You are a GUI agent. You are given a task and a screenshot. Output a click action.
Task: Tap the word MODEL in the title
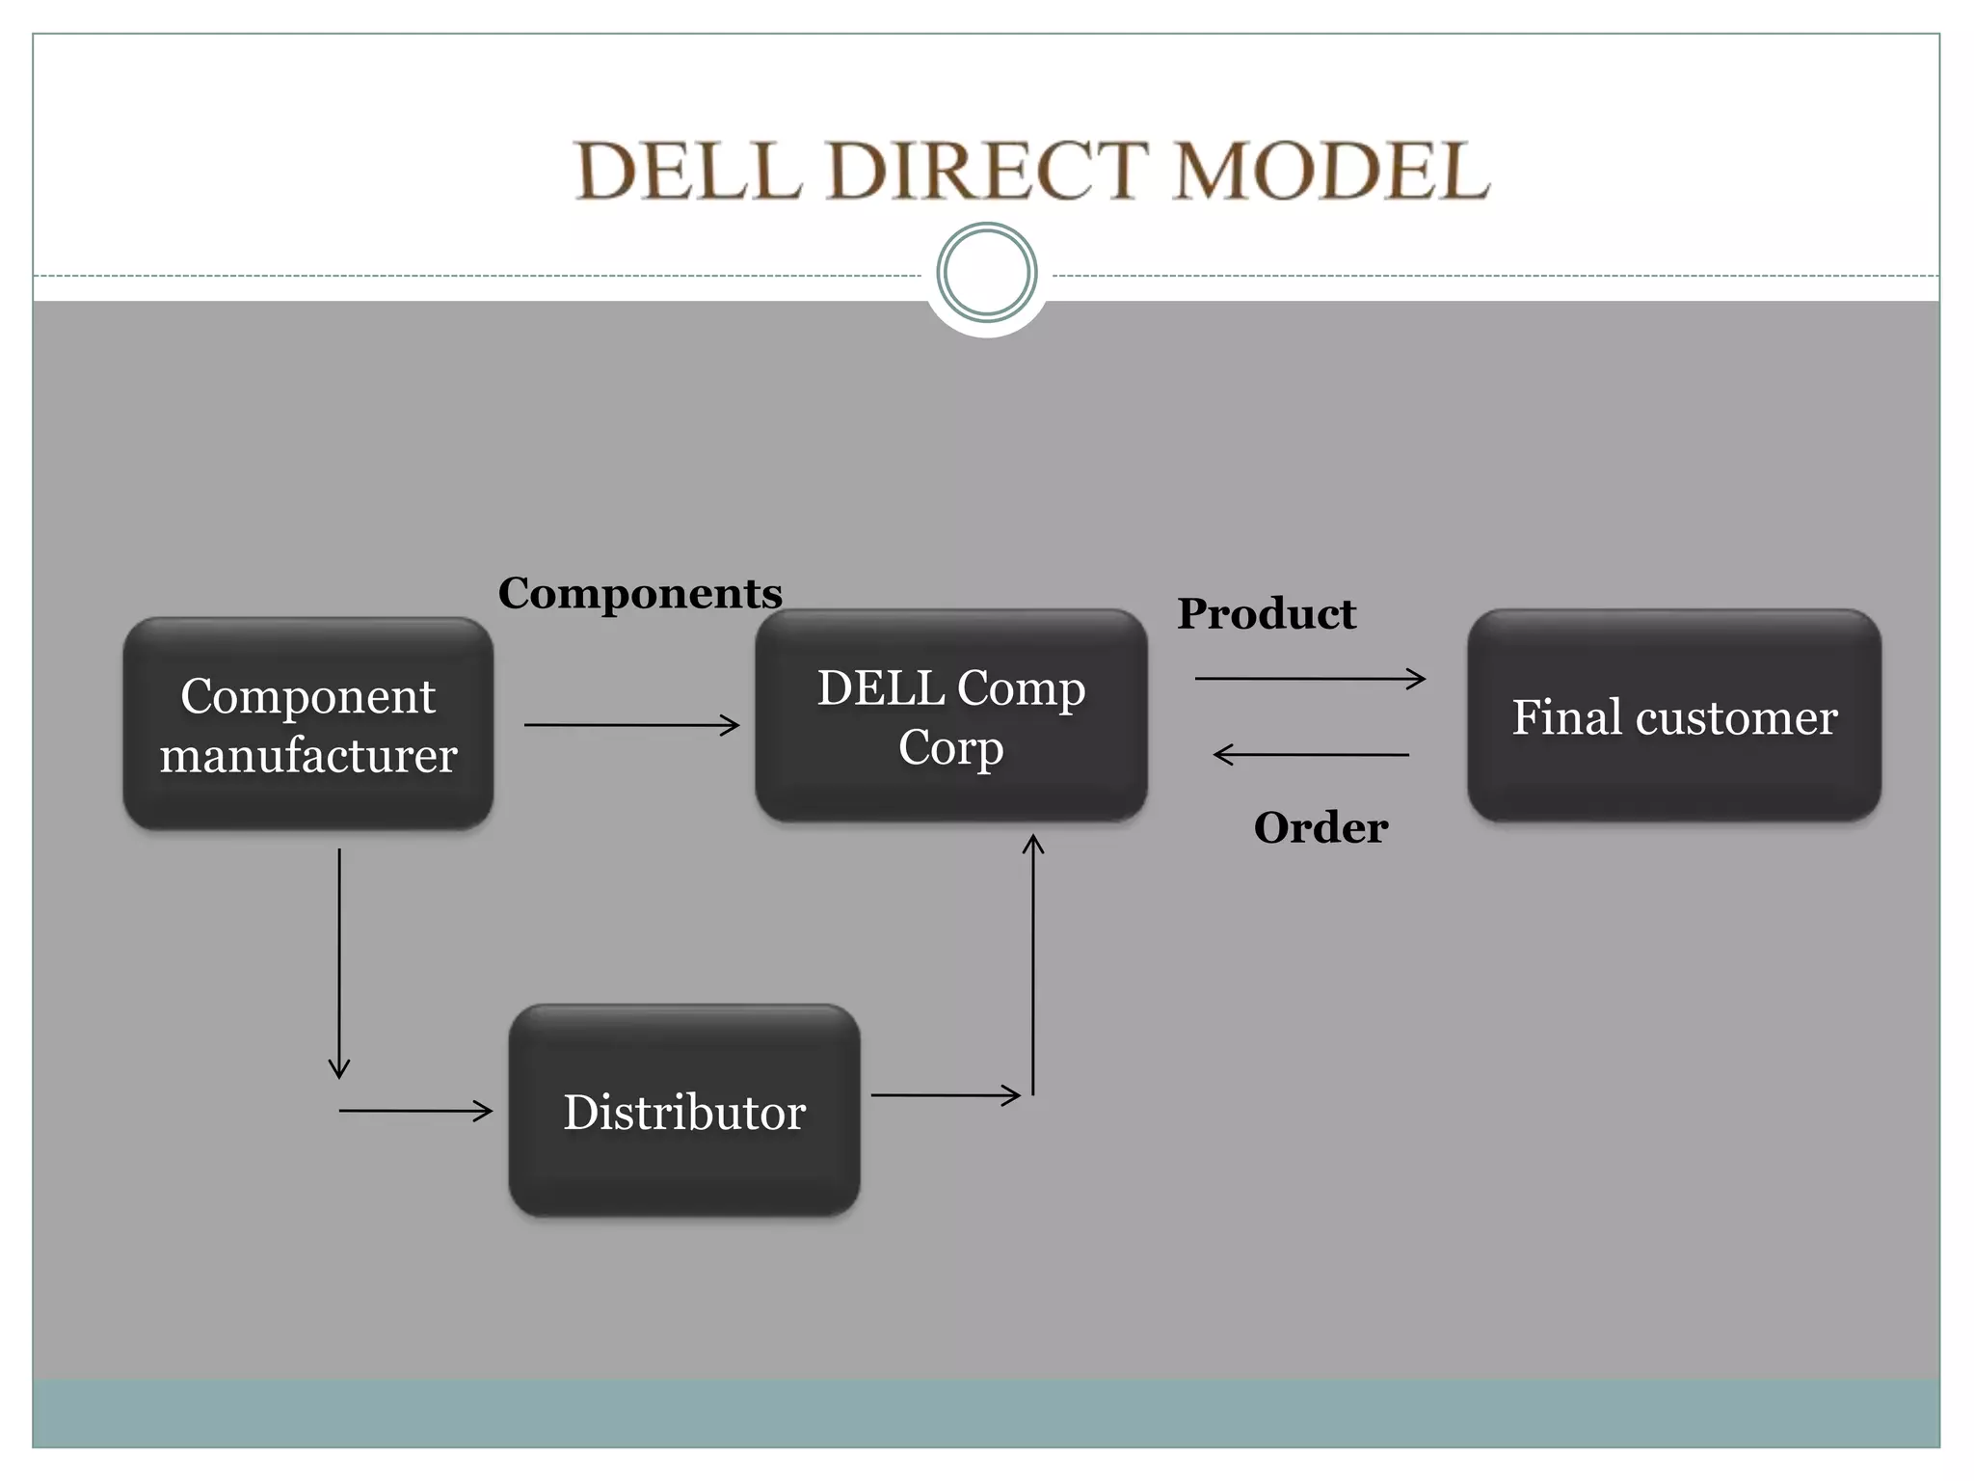coord(1330,171)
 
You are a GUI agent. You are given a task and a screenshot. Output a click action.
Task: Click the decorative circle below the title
coord(986,273)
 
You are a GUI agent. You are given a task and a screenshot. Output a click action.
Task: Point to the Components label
coord(640,592)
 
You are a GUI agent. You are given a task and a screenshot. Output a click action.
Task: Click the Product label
coord(1266,613)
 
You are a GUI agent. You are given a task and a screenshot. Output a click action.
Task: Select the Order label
coord(1320,827)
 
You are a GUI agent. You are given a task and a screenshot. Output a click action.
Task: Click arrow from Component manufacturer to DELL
coord(631,725)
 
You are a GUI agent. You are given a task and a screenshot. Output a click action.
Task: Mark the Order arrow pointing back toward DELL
coord(1311,755)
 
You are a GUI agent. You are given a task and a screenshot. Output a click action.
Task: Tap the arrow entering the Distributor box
coord(415,1111)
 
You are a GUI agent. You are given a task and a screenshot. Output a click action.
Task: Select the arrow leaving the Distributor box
coord(945,1095)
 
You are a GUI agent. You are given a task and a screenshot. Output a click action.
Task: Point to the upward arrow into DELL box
coord(1033,964)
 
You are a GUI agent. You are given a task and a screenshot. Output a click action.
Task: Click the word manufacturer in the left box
coord(307,755)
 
